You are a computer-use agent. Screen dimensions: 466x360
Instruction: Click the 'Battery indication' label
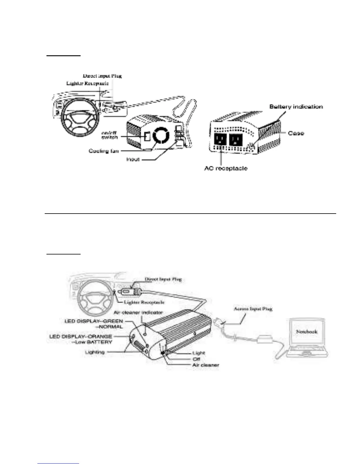click(296, 106)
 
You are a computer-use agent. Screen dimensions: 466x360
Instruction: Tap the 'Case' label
click(296, 133)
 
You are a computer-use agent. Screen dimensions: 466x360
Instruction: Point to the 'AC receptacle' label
click(226, 168)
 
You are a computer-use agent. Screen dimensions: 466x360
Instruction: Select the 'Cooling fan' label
click(104, 151)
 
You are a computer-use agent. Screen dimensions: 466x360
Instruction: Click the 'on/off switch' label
click(109, 135)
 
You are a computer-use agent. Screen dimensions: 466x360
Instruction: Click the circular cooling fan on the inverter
click(161, 136)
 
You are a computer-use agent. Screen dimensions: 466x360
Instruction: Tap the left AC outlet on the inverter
click(220, 139)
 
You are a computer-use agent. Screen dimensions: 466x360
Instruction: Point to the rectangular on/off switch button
click(147, 136)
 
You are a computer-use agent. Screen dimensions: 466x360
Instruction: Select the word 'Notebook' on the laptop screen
click(306, 332)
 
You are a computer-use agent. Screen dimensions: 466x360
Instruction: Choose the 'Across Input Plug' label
click(253, 309)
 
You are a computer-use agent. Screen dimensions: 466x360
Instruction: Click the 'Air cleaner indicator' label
click(138, 312)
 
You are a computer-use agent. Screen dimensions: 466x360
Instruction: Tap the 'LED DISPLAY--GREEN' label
click(94, 321)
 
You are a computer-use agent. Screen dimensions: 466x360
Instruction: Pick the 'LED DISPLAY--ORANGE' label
click(81, 336)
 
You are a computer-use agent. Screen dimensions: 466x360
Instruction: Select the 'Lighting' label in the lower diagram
click(94, 352)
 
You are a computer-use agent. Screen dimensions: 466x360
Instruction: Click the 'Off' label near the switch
click(196, 359)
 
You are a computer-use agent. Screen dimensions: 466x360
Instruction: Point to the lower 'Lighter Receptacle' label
click(144, 302)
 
